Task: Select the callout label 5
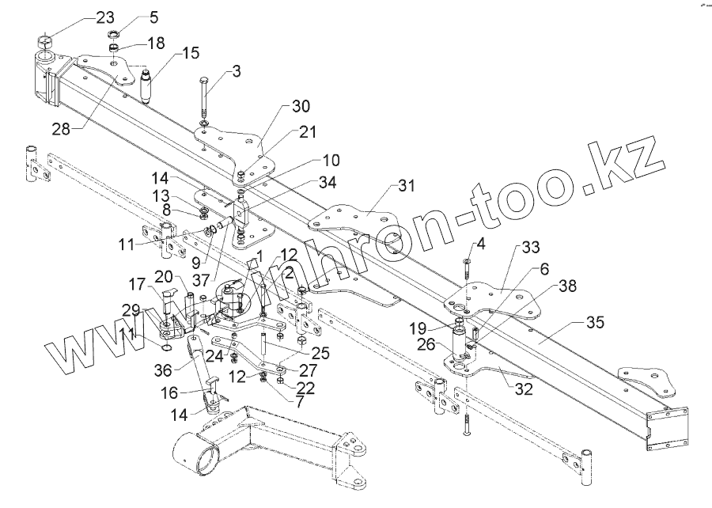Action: tap(153, 17)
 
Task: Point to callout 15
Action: tap(191, 54)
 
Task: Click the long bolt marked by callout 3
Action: tap(204, 99)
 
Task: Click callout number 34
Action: tap(327, 183)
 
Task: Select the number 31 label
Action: tap(406, 187)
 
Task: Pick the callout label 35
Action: tap(595, 323)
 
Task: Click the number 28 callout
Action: tap(61, 128)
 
